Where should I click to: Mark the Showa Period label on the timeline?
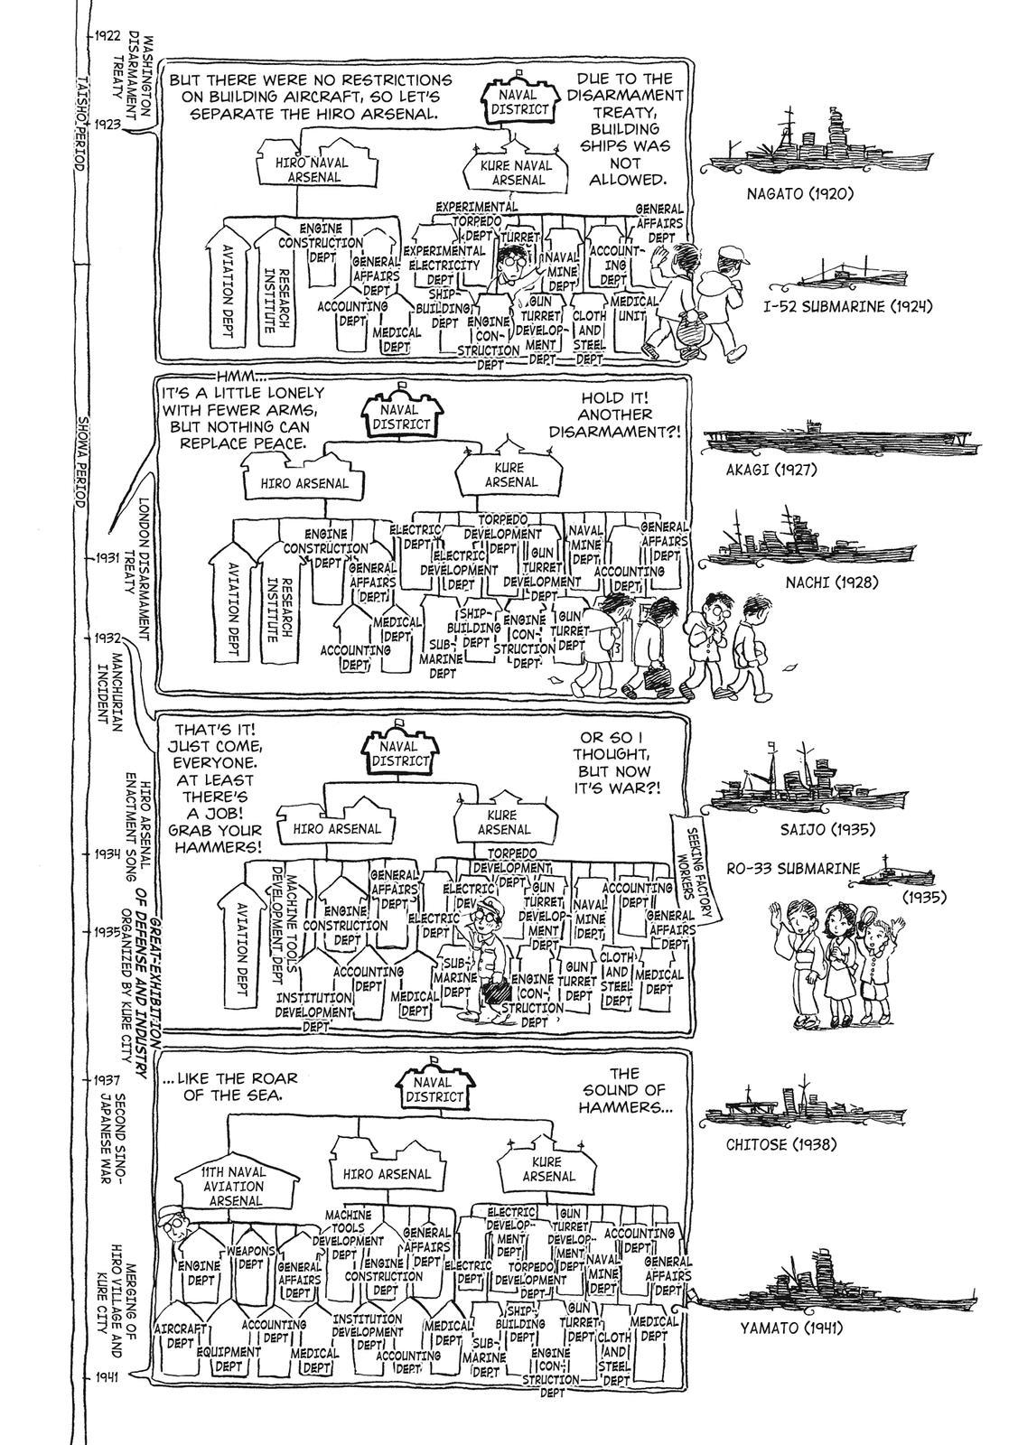[x=79, y=461]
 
